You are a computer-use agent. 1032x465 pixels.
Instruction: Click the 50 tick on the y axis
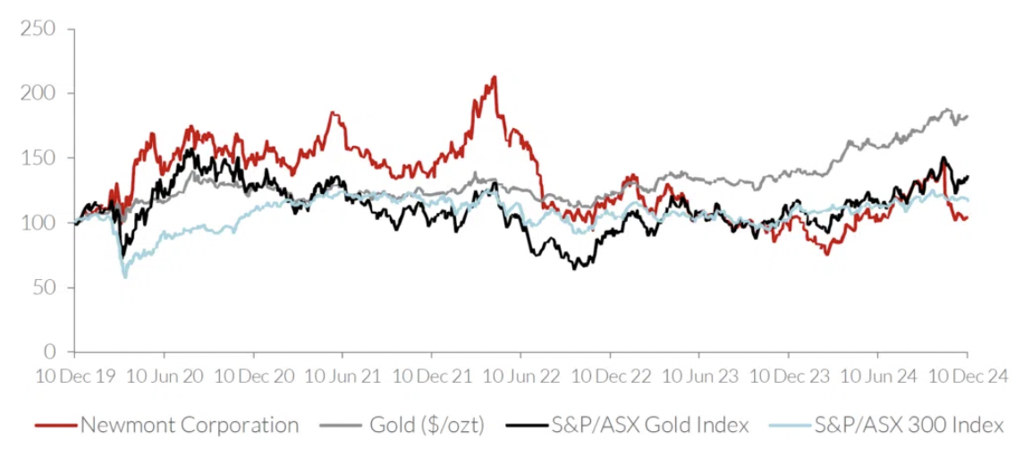point(45,287)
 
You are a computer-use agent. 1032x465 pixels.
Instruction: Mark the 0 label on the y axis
point(50,351)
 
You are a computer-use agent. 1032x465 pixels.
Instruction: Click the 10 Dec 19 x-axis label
point(75,376)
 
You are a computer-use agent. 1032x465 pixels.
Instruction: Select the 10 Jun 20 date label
point(164,376)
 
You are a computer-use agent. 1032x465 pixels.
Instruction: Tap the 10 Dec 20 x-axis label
point(253,376)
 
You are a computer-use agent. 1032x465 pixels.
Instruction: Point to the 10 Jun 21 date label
point(343,376)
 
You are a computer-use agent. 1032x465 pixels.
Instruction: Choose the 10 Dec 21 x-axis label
point(432,376)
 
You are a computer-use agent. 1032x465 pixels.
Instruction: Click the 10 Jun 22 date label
point(520,376)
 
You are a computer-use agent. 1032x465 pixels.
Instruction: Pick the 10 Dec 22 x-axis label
point(610,376)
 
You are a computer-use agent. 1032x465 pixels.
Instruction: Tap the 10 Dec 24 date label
point(967,376)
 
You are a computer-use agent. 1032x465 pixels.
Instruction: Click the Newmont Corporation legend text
point(190,425)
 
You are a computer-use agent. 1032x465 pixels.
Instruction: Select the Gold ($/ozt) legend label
point(427,425)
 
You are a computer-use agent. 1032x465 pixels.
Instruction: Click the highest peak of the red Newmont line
point(495,77)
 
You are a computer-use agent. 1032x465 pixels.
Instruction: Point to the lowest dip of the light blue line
point(124,276)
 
